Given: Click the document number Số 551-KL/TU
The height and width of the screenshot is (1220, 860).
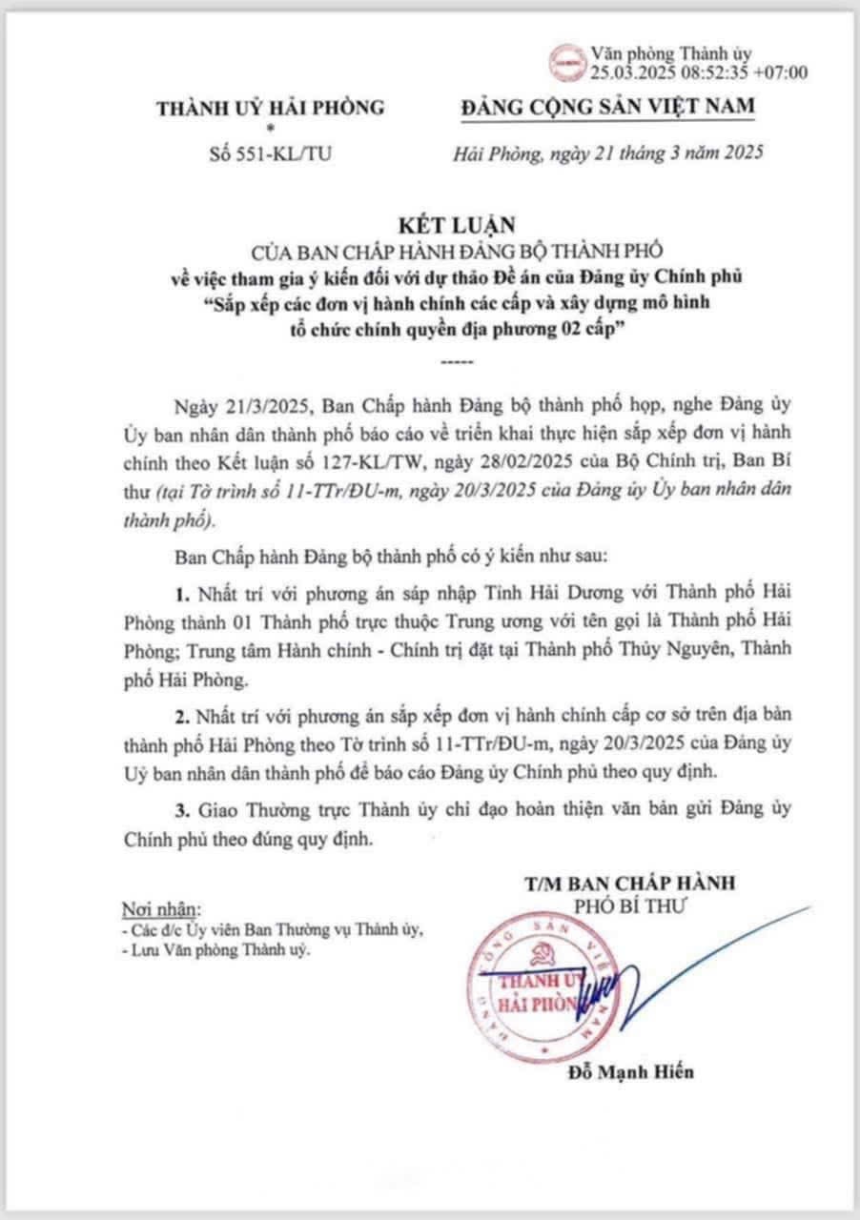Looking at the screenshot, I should tap(271, 151).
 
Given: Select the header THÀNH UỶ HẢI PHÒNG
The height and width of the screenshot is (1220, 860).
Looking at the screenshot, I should tap(272, 108).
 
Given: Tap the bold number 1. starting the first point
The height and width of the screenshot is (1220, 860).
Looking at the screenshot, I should tap(183, 593).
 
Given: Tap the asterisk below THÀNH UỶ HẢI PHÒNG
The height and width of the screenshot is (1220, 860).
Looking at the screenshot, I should tap(271, 127).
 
